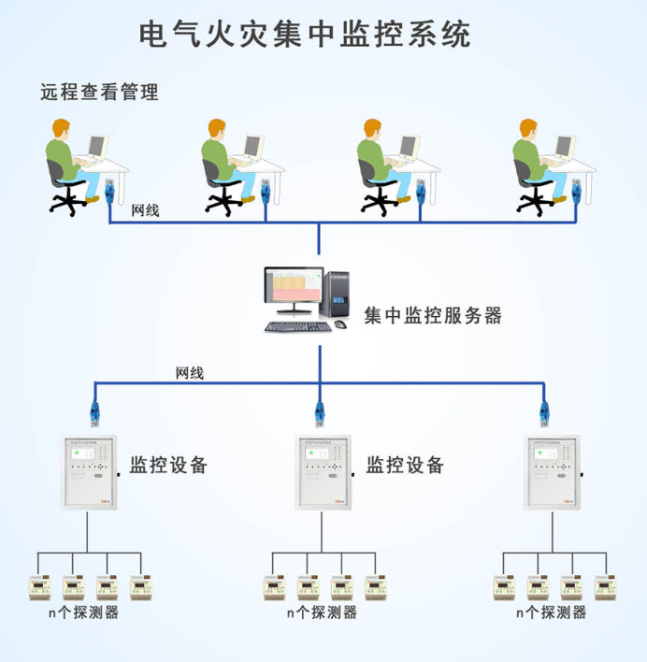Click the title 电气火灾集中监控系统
coord(305,35)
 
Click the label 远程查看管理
coord(99,92)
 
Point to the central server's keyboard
coord(296,326)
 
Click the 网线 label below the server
coord(190,372)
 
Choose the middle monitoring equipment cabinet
coord(322,473)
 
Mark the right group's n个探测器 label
coord(552,613)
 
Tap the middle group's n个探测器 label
coord(322,613)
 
